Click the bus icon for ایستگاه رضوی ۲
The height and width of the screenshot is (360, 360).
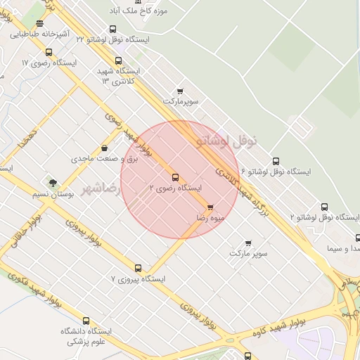[x=175, y=177]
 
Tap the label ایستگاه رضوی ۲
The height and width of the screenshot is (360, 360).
[x=176, y=188]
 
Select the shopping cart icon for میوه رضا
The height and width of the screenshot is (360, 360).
[x=210, y=207]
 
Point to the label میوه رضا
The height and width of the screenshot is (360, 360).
[x=212, y=218]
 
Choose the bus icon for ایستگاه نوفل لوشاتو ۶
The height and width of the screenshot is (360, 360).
[x=275, y=161]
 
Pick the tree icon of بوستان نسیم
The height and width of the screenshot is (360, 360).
[x=53, y=183]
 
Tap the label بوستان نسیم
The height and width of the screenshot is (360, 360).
[x=53, y=193]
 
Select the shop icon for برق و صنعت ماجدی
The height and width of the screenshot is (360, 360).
[x=105, y=148]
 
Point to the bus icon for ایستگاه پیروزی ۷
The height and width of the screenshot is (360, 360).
[x=138, y=268]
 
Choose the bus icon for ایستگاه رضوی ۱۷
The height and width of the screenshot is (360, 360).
[x=49, y=52]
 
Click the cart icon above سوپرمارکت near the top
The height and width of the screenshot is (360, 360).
[x=180, y=91]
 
